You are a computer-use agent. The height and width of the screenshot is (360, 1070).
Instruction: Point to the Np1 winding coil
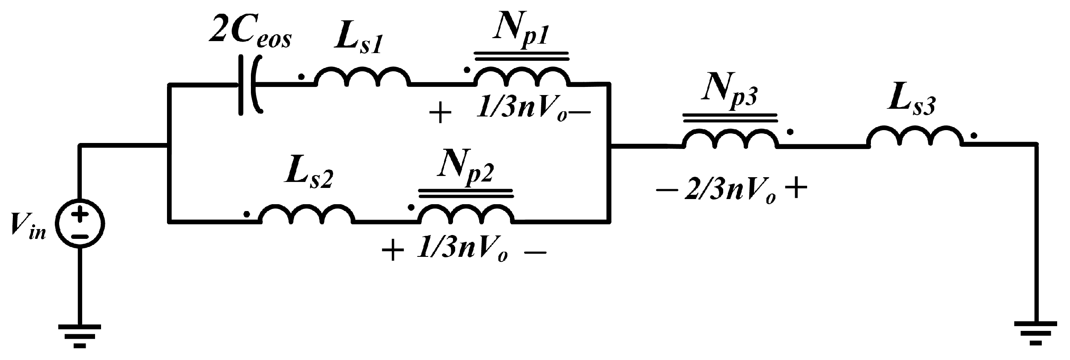pyautogui.click(x=522, y=77)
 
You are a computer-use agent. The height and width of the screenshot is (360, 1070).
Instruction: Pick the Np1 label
pyautogui.click(x=521, y=28)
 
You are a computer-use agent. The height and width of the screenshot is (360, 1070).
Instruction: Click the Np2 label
pyautogui.click(x=465, y=165)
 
